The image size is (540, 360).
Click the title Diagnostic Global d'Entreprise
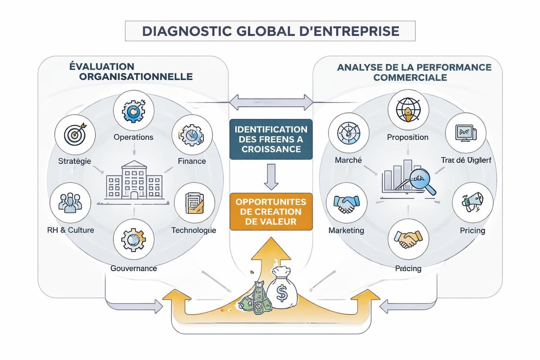270,31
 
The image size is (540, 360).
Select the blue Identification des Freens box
271,139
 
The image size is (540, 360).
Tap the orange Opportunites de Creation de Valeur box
271,211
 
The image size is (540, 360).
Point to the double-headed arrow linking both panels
271,102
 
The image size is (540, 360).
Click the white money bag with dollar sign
281,290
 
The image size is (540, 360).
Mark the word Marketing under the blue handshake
346,230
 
